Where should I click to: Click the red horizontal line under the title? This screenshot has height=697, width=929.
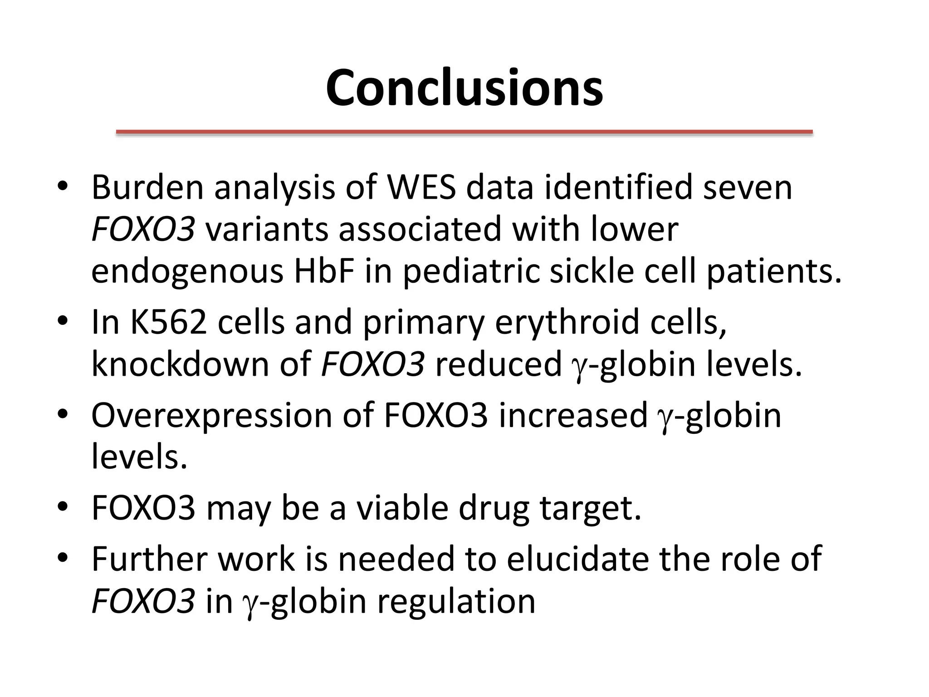click(464, 132)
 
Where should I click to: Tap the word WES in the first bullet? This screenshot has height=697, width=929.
click(421, 187)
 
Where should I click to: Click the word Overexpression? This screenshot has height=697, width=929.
click(211, 415)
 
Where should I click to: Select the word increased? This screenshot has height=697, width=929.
click(573, 415)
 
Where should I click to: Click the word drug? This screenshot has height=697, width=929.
click(494, 508)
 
